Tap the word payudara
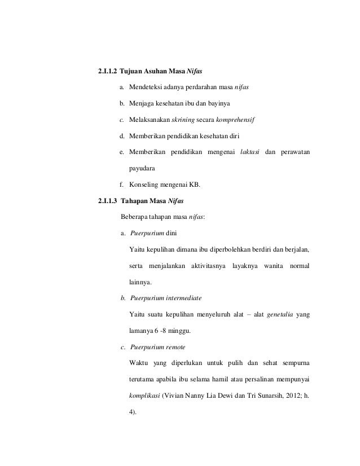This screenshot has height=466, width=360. tap(142, 168)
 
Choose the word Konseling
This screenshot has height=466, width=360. tap(146, 184)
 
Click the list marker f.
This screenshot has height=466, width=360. tap(120, 184)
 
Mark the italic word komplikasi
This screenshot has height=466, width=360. tap(144, 394)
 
